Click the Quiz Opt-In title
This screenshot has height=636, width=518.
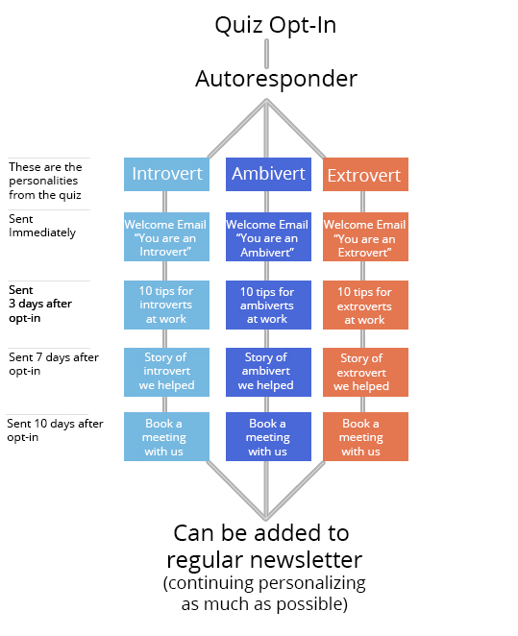(x=276, y=25)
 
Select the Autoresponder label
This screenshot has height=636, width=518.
(x=276, y=79)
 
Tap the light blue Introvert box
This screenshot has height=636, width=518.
(x=166, y=174)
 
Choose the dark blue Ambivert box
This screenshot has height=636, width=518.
(x=268, y=174)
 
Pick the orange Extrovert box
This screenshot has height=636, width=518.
(x=365, y=174)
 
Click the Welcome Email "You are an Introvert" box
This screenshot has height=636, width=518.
(x=166, y=237)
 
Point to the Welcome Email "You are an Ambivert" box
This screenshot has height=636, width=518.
(x=268, y=237)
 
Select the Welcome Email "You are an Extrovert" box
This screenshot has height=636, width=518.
(x=365, y=237)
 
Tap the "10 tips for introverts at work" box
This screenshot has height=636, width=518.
(x=166, y=305)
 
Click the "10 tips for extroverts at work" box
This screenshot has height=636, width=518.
(x=365, y=305)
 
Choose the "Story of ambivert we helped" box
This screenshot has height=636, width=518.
(x=268, y=372)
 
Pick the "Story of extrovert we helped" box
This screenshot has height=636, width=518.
(x=365, y=372)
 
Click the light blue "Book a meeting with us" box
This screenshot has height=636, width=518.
(x=166, y=436)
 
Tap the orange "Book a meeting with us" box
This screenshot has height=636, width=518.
(x=365, y=436)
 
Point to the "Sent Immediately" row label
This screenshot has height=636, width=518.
(x=42, y=226)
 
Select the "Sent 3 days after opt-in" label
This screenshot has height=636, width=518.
(x=40, y=304)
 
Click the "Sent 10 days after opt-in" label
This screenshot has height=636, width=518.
(x=55, y=430)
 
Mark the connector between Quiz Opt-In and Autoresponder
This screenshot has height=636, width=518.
(x=266, y=54)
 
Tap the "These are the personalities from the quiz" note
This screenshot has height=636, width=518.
(x=45, y=181)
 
